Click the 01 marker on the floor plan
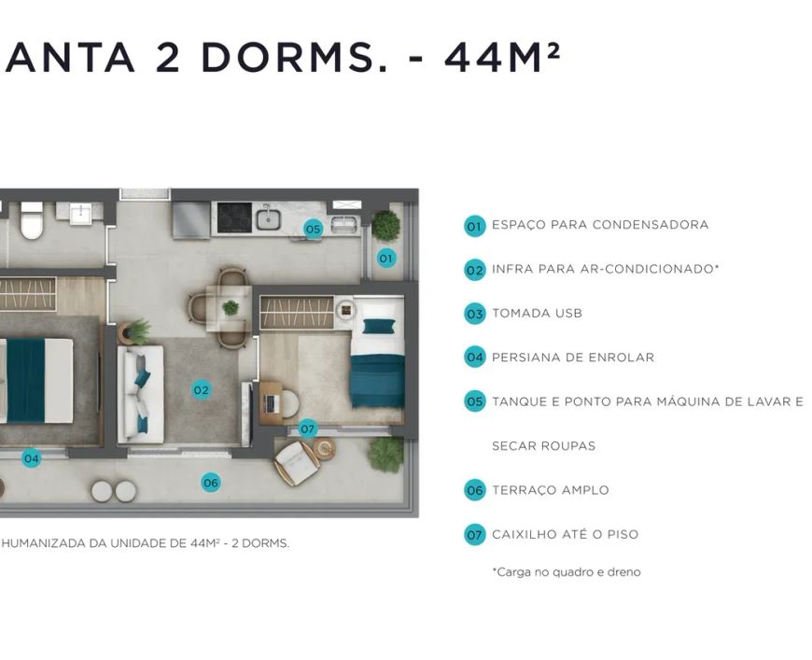coord(385,258)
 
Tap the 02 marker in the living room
coord(201,389)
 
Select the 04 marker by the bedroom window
coord(31,458)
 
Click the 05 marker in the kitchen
coord(314,229)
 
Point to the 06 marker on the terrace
coord(211,483)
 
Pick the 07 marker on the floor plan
coord(308,428)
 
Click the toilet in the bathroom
coord(32,220)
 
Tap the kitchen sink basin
coord(268,218)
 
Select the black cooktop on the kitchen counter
coord(234,218)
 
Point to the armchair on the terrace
coord(297,463)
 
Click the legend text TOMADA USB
coord(537,314)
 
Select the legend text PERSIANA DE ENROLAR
coord(573,358)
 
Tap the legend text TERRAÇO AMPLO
coord(550,490)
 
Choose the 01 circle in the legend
coord(474,227)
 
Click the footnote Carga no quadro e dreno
coord(567,572)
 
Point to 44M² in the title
coord(502,57)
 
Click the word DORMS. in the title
coord(294,57)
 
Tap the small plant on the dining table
coord(231,308)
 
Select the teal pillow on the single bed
coord(379,327)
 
